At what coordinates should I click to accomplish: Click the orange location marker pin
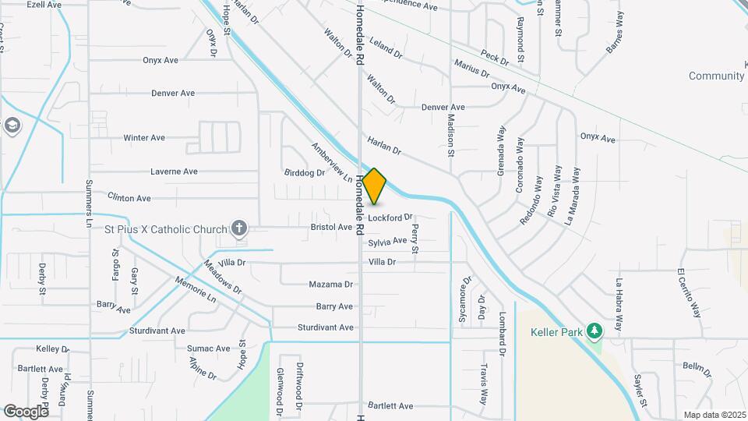375,186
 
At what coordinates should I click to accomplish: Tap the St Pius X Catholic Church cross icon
239,228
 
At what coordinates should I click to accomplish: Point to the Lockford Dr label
390,218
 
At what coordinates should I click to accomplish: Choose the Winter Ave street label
144,138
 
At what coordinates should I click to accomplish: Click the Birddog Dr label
304,173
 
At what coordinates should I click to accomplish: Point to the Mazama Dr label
331,285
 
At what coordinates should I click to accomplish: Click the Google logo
26,411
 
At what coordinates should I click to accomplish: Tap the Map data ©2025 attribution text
714,415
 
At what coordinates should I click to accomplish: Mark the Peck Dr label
495,57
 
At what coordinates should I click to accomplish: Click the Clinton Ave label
129,199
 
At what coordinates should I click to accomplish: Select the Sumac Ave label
208,348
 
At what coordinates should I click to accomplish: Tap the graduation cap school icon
12,126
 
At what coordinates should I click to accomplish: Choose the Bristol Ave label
331,228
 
